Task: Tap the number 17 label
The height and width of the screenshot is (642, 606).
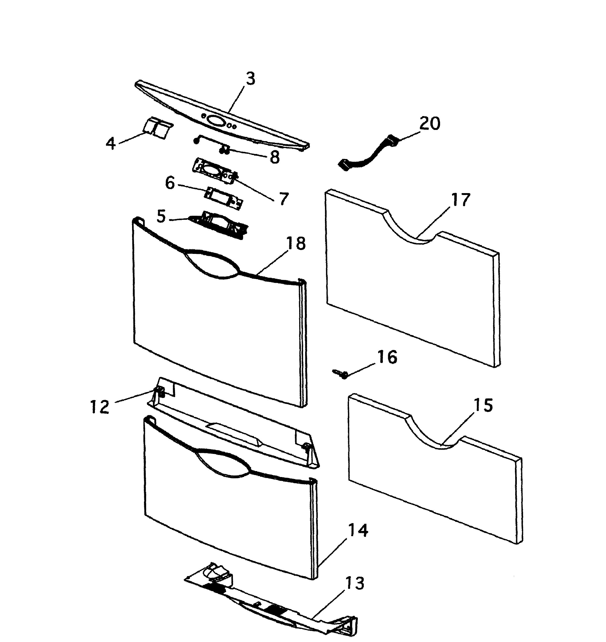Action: [x=460, y=200]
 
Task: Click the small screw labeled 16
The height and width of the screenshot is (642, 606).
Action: [x=339, y=374]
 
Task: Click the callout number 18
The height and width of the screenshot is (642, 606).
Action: [x=296, y=243]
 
